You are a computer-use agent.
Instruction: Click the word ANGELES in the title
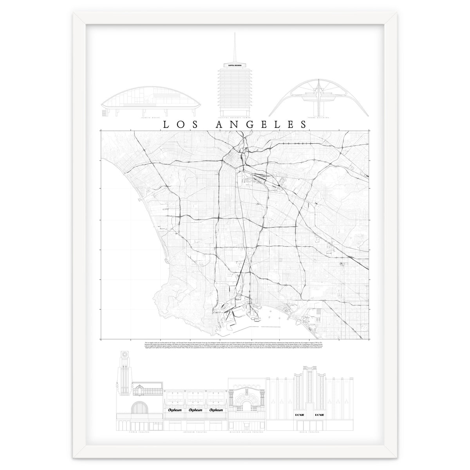pyautogui.click(x=261, y=124)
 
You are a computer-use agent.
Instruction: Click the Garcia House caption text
pyautogui.click(x=151, y=117)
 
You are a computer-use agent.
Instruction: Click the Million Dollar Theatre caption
pyautogui.click(x=247, y=433)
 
